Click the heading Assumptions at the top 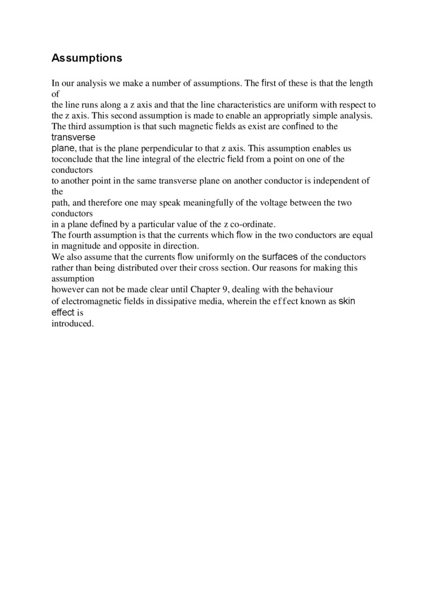[86, 58]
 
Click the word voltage [275, 202]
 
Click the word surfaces [279, 256]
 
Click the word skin [347, 301]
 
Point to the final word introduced [72, 323]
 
